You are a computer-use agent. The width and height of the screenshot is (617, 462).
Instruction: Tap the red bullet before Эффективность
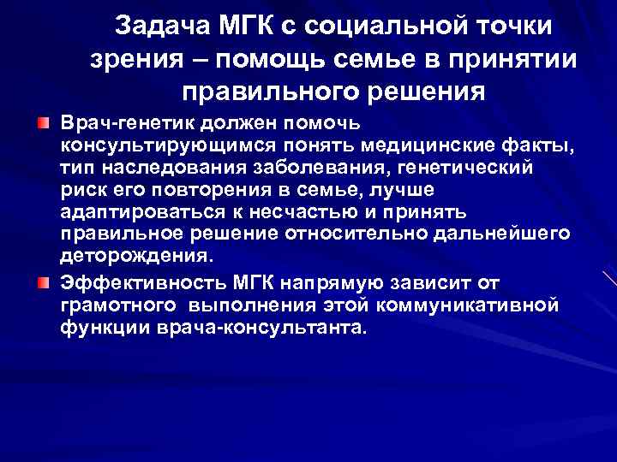(x=43, y=283)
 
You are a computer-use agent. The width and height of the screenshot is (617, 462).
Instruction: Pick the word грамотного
(x=116, y=305)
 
